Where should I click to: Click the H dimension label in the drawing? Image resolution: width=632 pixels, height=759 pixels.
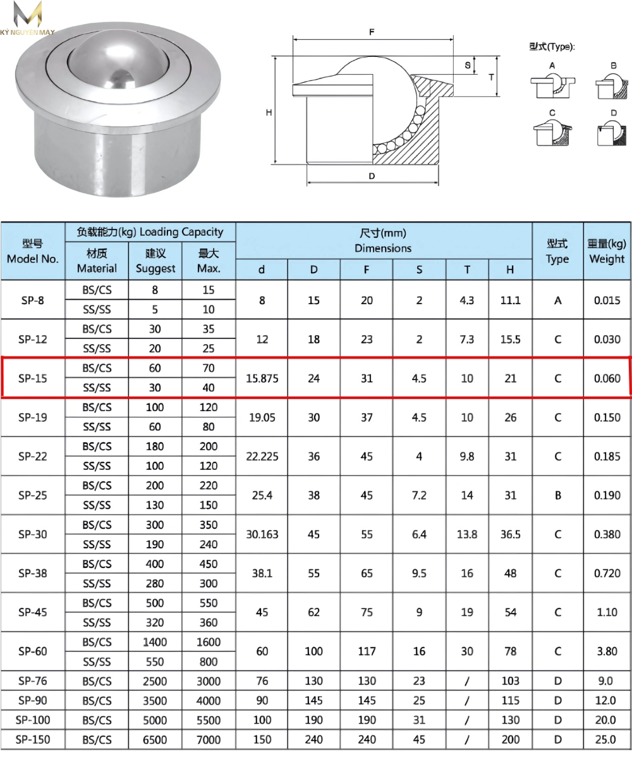(x=269, y=113)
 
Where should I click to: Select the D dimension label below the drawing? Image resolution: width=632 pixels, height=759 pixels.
(x=372, y=176)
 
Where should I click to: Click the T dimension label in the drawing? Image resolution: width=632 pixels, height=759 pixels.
(x=491, y=77)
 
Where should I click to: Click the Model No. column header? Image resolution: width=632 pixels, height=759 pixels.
(x=33, y=251)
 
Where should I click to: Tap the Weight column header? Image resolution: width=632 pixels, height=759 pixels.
(x=606, y=251)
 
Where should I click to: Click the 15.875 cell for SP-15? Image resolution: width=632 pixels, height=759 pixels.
(x=262, y=378)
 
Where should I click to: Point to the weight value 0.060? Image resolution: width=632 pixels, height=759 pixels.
(x=607, y=378)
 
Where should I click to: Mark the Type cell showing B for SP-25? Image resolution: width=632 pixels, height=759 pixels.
(x=557, y=496)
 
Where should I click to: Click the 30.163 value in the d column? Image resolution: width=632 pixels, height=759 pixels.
(x=262, y=534)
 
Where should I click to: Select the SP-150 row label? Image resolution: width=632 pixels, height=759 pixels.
(x=33, y=739)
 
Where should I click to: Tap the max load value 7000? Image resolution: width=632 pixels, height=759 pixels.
(x=209, y=739)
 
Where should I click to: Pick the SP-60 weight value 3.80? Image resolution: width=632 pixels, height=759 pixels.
(x=607, y=651)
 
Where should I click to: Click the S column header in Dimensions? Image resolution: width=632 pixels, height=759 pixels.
(x=419, y=270)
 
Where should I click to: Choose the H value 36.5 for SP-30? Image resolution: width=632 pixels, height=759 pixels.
(x=511, y=534)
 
